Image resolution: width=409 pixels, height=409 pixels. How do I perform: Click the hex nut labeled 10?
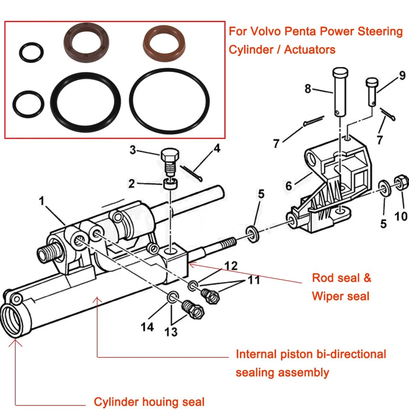(401, 181)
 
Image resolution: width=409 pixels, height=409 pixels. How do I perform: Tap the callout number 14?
(147, 327)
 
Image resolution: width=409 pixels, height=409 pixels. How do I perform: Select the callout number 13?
(171, 332)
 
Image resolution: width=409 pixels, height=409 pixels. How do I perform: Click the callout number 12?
(231, 265)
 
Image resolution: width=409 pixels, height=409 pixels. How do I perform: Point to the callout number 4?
(217, 149)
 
